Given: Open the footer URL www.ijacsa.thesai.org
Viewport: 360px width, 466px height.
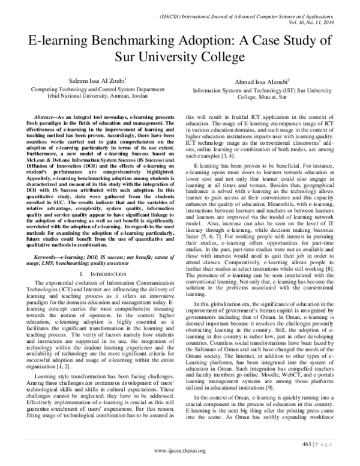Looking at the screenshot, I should point(180,451).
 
